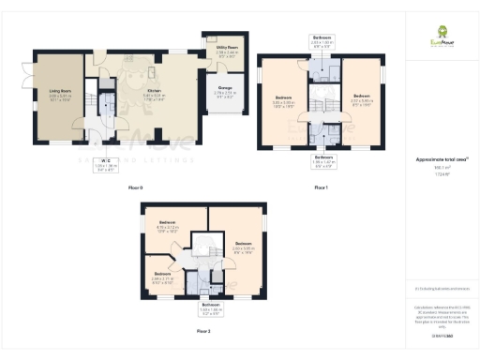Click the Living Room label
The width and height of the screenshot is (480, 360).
(61, 94)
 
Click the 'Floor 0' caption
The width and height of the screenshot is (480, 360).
(136, 188)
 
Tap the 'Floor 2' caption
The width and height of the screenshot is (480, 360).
(203, 331)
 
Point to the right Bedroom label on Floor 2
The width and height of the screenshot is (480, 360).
(243, 247)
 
